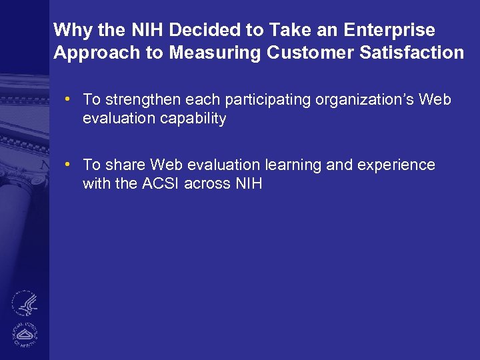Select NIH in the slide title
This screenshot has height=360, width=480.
click(x=145, y=30)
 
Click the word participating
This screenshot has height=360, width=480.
click(x=260, y=100)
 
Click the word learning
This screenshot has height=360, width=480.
click(x=292, y=165)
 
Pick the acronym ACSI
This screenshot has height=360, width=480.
click(x=161, y=183)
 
